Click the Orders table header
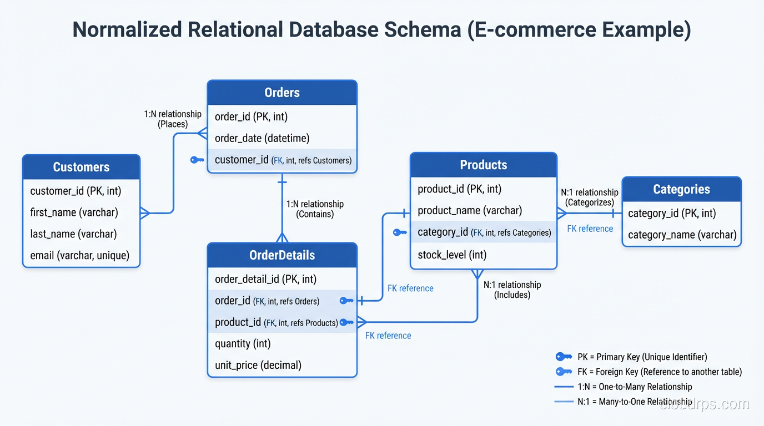point(282,93)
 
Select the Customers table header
point(81,167)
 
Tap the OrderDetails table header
point(282,255)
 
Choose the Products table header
point(483,165)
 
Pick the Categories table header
point(681,189)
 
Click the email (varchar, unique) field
point(79,256)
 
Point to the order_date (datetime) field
point(262,138)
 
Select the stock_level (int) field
point(452,255)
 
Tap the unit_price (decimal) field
point(258,365)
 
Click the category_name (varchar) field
point(682,235)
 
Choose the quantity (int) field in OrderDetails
point(243,343)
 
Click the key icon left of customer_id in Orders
point(197,160)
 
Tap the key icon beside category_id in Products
point(400,232)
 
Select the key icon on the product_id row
point(346,322)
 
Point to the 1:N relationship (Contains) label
point(315,209)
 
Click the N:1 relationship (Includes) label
point(512,290)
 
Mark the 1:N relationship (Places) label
point(173,119)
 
